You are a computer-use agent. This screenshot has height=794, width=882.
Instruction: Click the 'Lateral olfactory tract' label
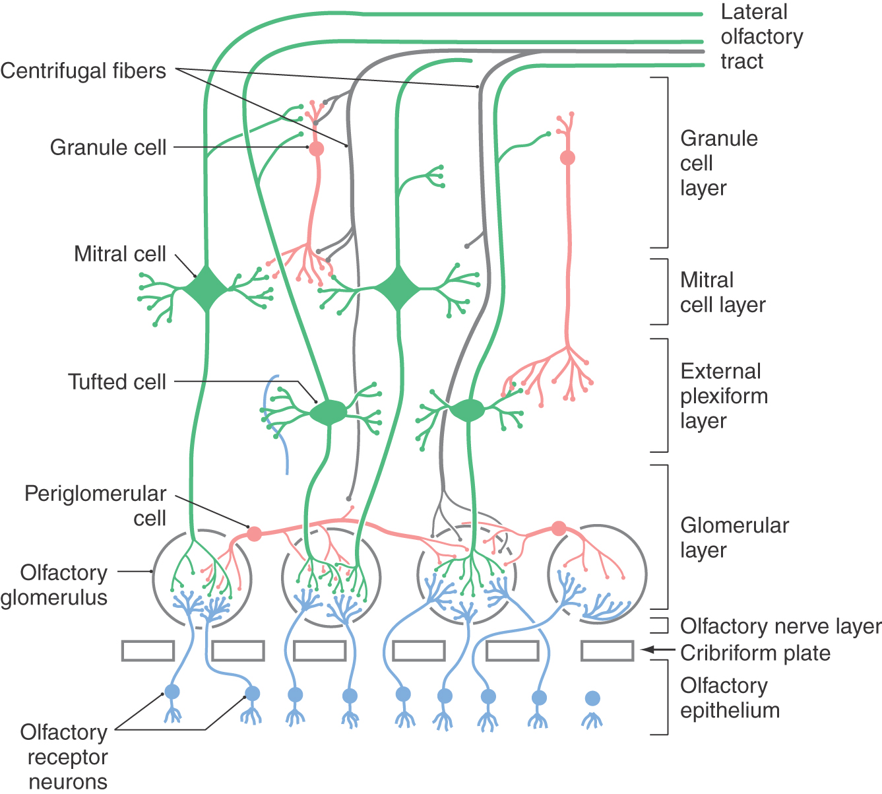(x=761, y=36)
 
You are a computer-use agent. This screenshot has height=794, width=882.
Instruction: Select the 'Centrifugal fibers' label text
(x=83, y=71)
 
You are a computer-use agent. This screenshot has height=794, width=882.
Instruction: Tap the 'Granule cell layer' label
(x=718, y=163)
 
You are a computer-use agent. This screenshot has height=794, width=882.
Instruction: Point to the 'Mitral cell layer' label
(x=722, y=292)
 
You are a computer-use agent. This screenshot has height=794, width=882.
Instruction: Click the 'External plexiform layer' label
(x=724, y=396)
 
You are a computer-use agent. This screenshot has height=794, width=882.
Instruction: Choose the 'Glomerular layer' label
(x=734, y=537)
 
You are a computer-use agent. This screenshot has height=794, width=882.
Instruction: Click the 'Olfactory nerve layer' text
(x=780, y=626)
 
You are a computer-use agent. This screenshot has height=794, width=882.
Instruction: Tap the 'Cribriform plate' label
(x=755, y=653)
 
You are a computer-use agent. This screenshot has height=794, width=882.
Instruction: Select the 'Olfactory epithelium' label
(x=729, y=698)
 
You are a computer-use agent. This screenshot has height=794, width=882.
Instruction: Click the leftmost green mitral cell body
(x=206, y=288)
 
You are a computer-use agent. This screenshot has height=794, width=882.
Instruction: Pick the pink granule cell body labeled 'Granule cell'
(x=317, y=149)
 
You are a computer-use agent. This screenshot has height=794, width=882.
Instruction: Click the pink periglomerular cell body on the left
(x=254, y=533)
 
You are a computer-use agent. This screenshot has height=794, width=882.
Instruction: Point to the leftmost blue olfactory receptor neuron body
(x=172, y=691)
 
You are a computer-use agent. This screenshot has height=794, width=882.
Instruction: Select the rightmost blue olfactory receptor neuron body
(x=592, y=698)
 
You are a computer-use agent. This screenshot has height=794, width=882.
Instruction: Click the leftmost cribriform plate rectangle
(x=148, y=651)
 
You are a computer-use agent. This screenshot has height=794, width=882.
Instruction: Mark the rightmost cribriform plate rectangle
(x=607, y=651)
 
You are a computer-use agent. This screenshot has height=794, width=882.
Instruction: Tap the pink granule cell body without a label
(x=567, y=158)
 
